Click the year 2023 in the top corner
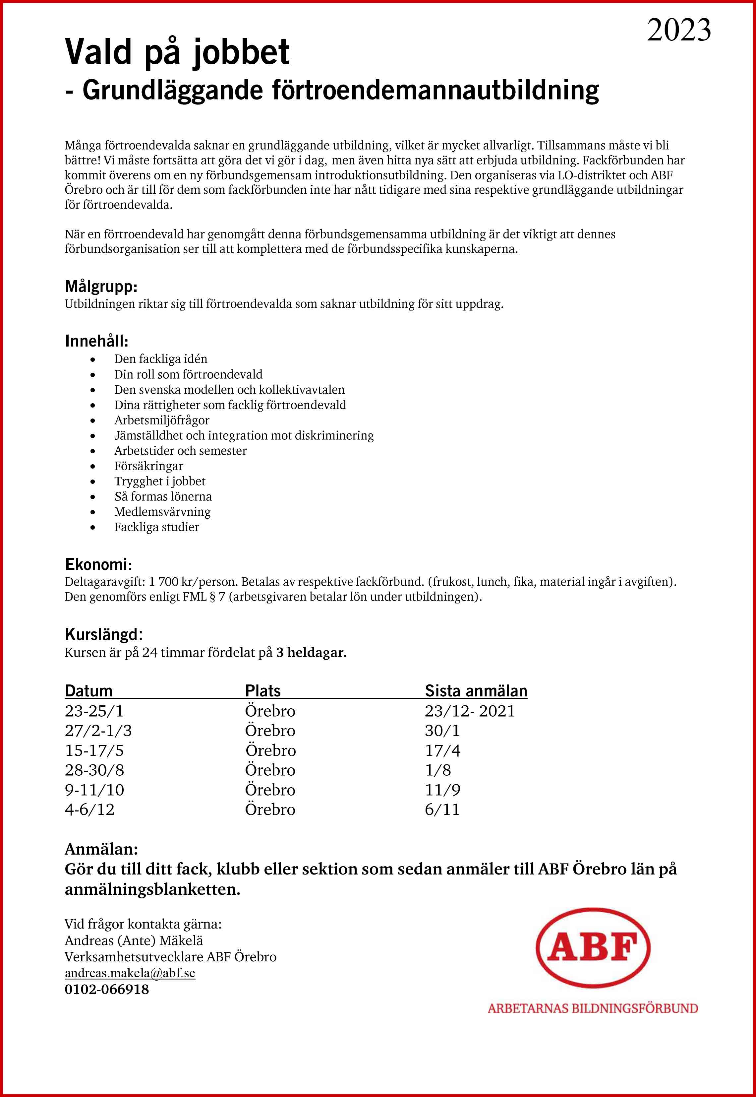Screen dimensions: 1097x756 (x=679, y=30)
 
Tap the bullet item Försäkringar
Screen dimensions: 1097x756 (x=148, y=466)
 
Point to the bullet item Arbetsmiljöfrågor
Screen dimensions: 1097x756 (x=161, y=420)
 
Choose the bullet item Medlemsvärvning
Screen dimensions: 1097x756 (x=162, y=512)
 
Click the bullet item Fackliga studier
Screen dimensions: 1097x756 (x=156, y=527)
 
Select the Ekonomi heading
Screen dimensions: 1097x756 (x=98, y=564)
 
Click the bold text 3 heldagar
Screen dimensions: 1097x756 (x=311, y=653)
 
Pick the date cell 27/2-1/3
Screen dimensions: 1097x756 (x=98, y=730)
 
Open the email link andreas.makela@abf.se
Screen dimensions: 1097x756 (x=130, y=973)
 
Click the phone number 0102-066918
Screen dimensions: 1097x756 (x=107, y=990)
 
